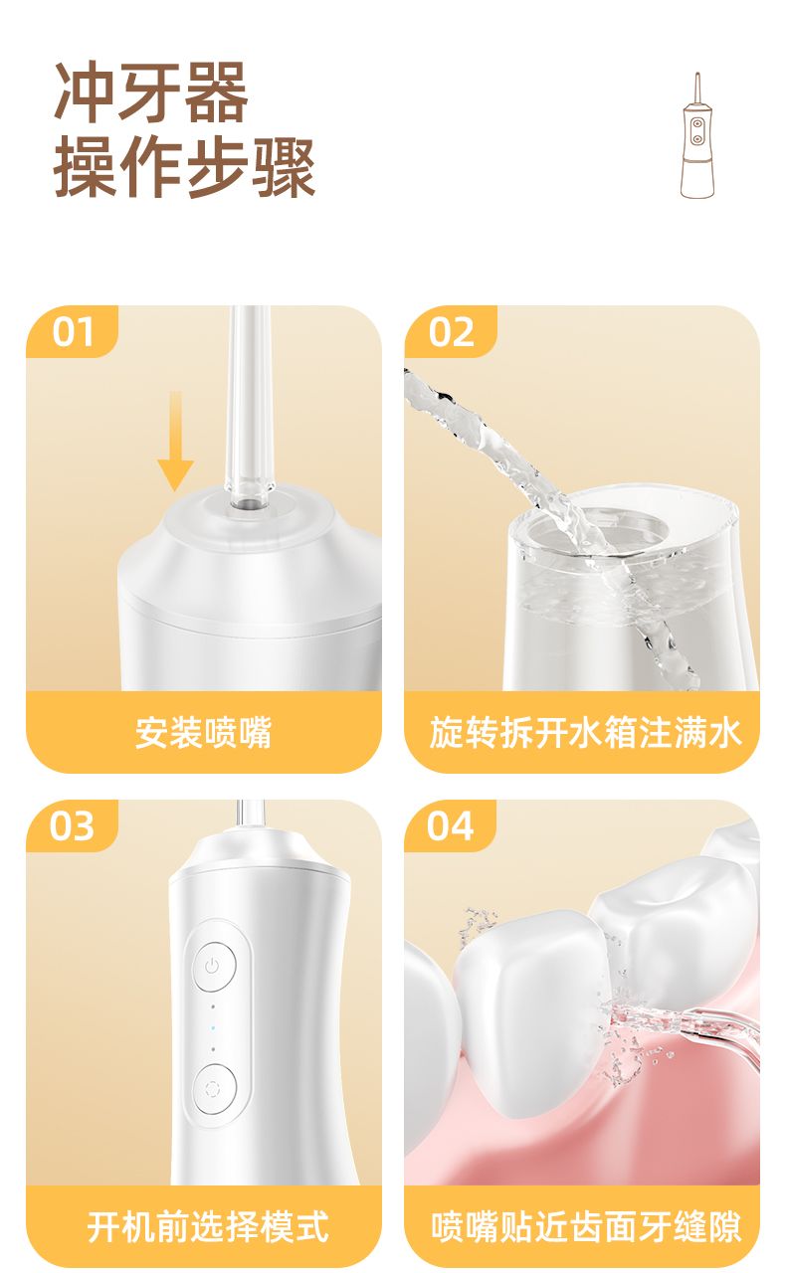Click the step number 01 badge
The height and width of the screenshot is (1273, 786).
[x=73, y=332]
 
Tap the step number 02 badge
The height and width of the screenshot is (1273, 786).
[x=451, y=332]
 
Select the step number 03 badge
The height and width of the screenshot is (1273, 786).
[x=73, y=825]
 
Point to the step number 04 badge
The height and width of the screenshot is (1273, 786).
[x=450, y=825]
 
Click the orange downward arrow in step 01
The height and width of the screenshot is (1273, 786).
[x=176, y=441]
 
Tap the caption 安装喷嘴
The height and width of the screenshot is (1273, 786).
[x=204, y=733]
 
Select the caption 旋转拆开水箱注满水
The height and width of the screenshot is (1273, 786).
[x=585, y=733]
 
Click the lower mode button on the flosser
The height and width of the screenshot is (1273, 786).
[x=214, y=1089]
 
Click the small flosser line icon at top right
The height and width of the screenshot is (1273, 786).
[x=697, y=135]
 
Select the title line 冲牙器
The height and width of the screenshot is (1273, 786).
[x=151, y=91]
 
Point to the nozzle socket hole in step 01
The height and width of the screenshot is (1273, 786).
[x=248, y=503]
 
